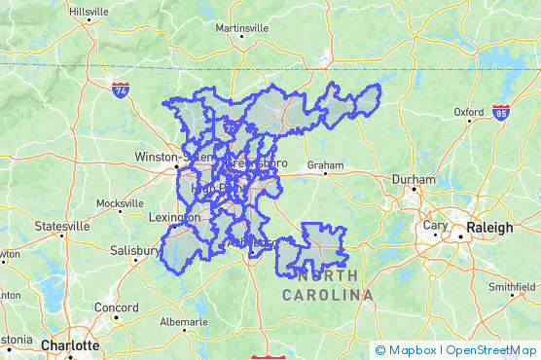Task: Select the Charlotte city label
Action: coord(69,345)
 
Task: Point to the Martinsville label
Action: coord(241,28)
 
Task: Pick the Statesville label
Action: coord(61,226)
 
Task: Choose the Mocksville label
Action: coord(120,203)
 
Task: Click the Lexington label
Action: coord(175,218)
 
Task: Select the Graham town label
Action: coord(325,165)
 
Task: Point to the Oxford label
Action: coord(469,111)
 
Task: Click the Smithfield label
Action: coord(512,287)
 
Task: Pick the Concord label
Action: coord(116,307)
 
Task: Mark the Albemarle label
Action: coord(184,321)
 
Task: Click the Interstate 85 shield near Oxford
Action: coord(500,113)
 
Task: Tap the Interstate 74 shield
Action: coord(121,90)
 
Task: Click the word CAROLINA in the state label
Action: coord(328,294)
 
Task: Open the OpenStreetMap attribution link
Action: coord(491,350)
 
